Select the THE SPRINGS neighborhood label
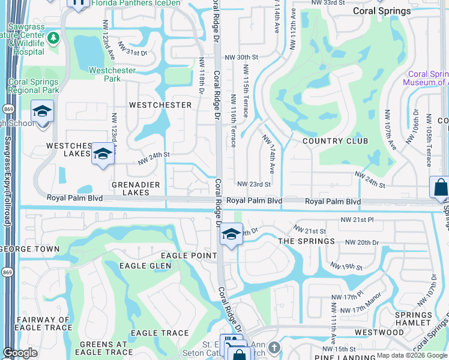pos(307,241)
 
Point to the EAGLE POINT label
pos(188,256)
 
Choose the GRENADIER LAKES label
pos(130,188)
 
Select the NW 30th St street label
pos(241,57)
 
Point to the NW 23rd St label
pos(254,184)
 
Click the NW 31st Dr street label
pos(132,49)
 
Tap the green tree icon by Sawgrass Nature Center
pos(53,38)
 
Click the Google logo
pos(20,353)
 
